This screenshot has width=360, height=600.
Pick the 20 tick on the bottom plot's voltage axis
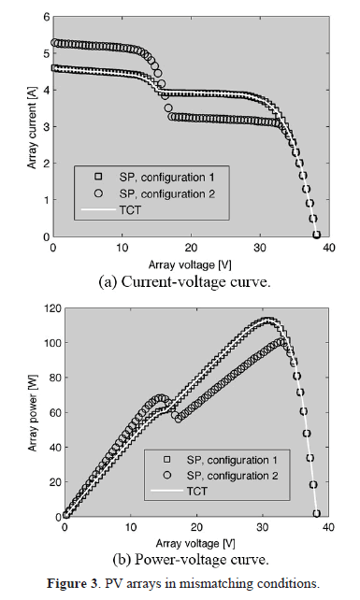(x=195, y=527)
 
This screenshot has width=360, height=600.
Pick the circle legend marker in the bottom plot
(x=166, y=475)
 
